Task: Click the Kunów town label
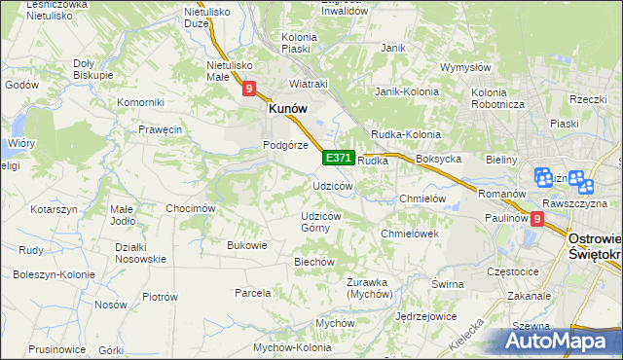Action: coord(288,110)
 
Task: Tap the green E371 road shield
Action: coord(338,158)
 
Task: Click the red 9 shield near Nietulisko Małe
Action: coord(249,90)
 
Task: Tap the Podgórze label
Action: coord(285,145)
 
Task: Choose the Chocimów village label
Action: coord(190,208)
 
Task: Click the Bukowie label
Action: coord(246,245)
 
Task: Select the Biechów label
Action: coord(314,262)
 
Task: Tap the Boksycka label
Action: coord(437,159)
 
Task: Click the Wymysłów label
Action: coord(464,67)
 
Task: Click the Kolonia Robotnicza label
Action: coord(498,98)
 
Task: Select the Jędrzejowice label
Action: coord(426,317)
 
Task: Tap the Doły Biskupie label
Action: coord(93,68)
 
